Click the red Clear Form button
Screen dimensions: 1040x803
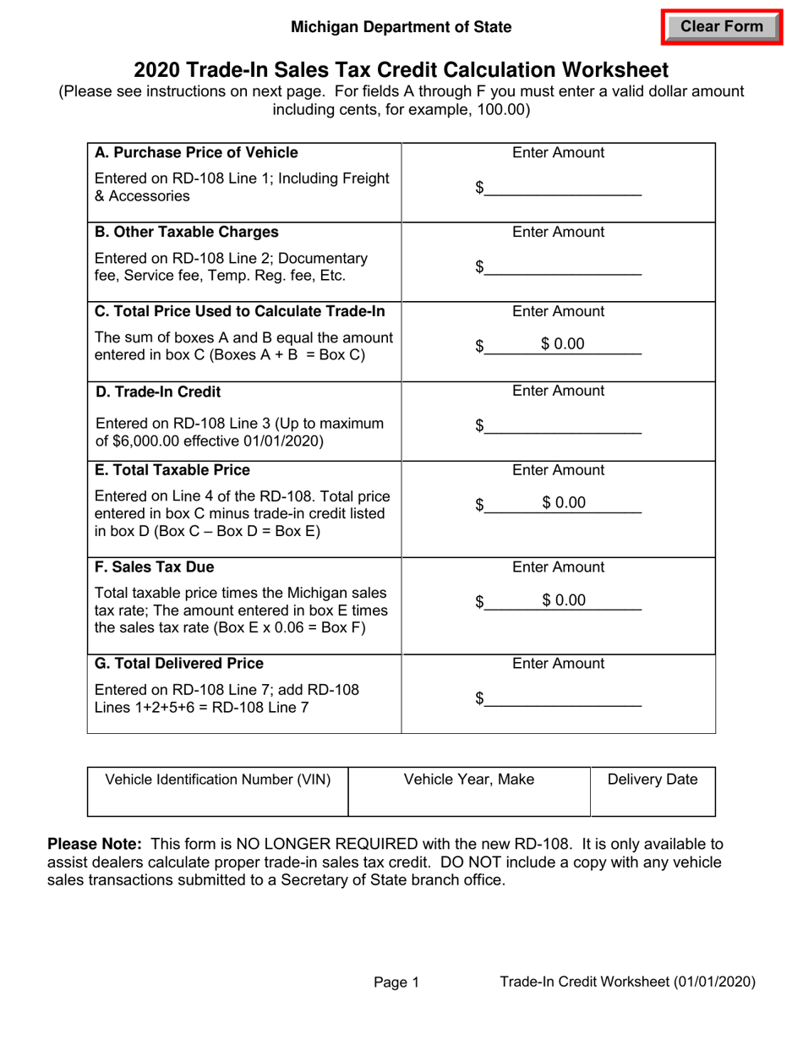click(x=721, y=26)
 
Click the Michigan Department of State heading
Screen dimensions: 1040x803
click(x=401, y=27)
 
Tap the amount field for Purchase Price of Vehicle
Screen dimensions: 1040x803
click(x=564, y=189)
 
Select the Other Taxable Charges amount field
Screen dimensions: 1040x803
click(x=564, y=268)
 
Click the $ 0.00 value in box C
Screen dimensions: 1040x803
click(x=563, y=344)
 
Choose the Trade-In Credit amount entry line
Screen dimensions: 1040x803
click(x=564, y=427)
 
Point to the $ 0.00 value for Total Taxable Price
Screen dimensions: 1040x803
click(x=564, y=503)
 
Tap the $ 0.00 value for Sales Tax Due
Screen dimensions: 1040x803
click(x=564, y=600)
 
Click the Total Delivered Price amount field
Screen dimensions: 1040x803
click(x=564, y=698)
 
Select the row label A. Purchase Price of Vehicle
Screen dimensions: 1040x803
click(x=196, y=153)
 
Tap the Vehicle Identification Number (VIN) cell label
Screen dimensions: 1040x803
click(x=217, y=780)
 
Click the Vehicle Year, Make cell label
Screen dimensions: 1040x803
click(x=469, y=780)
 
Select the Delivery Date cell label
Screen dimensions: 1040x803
click(x=653, y=780)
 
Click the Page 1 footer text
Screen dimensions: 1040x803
click(x=396, y=982)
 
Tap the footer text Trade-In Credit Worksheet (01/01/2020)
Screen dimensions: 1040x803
click(x=627, y=982)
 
